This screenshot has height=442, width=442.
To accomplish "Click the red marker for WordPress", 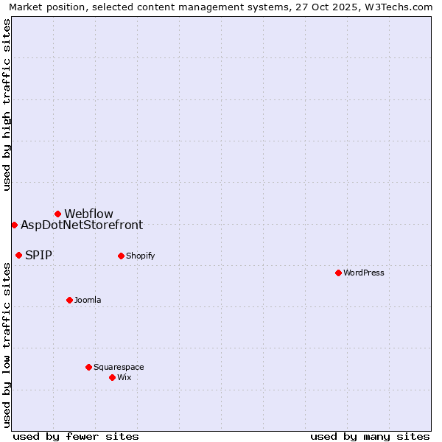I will [338, 273].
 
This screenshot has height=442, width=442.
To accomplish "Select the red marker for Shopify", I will [121, 256].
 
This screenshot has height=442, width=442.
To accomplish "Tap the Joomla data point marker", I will [69, 300].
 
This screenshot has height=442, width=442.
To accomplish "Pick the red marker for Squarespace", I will [88, 367].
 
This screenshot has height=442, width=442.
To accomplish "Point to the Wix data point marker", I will [112, 377].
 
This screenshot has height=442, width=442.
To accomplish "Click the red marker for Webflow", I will [57, 214].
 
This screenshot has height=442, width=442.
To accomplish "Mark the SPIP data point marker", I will [18, 255].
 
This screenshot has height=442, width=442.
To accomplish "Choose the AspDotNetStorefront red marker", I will [14, 225].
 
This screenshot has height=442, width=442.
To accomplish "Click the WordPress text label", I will [364, 273].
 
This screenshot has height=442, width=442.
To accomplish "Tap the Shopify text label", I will [140, 256].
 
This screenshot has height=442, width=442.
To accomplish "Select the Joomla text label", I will [88, 300].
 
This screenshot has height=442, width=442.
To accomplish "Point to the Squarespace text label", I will [119, 367].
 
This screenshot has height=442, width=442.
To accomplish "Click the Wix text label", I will [124, 377].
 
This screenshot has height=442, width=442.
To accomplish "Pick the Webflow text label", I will [88, 214].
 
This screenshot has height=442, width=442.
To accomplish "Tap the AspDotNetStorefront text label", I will [82, 225].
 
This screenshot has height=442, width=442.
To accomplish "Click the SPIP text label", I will [38, 256].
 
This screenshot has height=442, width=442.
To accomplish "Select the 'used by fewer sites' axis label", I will [76, 436].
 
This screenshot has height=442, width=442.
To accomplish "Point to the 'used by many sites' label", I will [370, 436].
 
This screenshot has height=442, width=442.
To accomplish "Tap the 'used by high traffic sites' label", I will [7, 105].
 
